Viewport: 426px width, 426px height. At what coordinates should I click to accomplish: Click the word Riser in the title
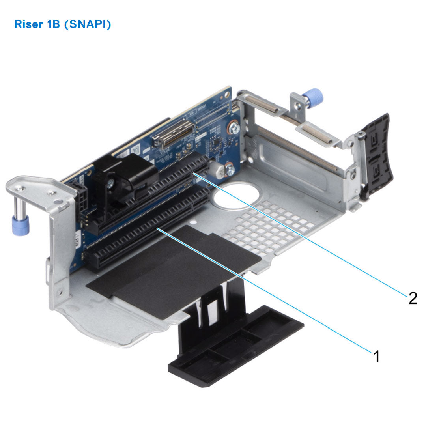pyautogui.click(x=28, y=24)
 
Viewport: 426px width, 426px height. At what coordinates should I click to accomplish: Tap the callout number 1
pyautogui.click(x=376, y=357)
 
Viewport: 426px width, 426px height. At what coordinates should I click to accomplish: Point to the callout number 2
pyautogui.click(x=413, y=298)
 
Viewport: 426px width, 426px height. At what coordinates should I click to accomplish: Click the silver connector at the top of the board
pyautogui.click(x=174, y=134)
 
